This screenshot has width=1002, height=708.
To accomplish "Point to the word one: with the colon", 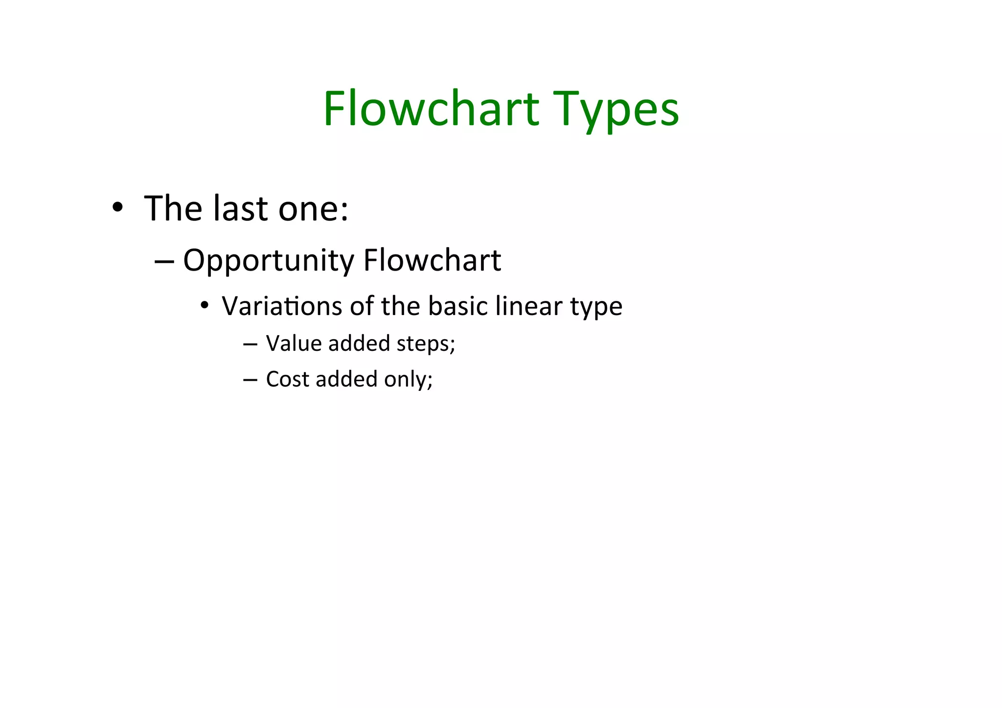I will (x=313, y=209).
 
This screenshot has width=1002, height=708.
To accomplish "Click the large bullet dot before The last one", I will (x=117, y=207).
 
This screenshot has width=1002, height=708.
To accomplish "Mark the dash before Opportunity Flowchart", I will (x=164, y=261).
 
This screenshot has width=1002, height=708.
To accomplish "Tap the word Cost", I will (x=288, y=379).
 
